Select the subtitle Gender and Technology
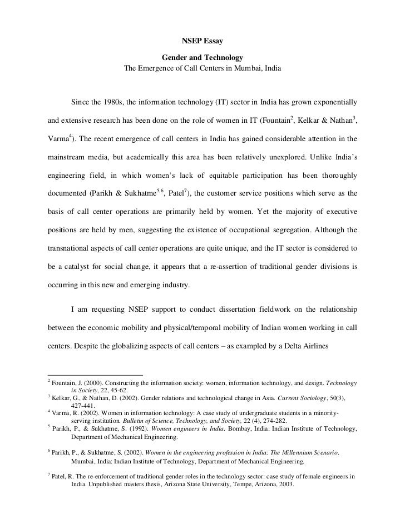point(202,58)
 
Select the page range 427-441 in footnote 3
point(84,406)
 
